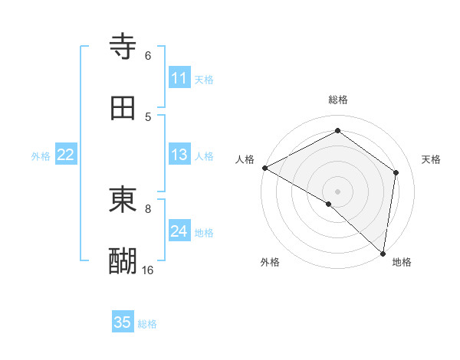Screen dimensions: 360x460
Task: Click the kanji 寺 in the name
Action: tap(123, 47)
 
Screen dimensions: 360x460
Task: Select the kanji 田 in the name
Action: tap(123, 108)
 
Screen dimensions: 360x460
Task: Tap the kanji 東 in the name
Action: tap(123, 200)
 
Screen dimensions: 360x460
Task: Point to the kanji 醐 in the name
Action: tap(123, 261)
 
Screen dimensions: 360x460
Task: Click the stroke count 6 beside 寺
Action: tap(148, 55)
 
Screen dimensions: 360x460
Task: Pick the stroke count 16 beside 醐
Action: tap(148, 270)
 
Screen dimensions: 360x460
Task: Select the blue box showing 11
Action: tap(179, 78)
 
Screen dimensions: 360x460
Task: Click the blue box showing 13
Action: tap(179, 155)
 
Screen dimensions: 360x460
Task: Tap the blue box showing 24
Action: tap(179, 231)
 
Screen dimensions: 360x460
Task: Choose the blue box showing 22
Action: tap(66, 155)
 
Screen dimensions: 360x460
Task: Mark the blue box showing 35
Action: tap(123, 322)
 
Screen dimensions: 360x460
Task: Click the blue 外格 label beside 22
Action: tap(41, 156)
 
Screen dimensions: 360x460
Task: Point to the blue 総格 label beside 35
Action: tap(147, 324)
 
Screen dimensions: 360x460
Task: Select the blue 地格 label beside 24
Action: tap(204, 233)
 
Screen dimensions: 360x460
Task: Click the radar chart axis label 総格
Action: tap(338, 100)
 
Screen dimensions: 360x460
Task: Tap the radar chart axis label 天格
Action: tap(432, 159)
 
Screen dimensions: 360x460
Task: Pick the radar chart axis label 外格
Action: tap(270, 262)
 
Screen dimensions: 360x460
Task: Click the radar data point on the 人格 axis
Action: tap(264, 168)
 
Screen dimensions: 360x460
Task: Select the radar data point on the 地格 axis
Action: tap(383, 253)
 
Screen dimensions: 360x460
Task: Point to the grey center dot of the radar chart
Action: tap(338, 191)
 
